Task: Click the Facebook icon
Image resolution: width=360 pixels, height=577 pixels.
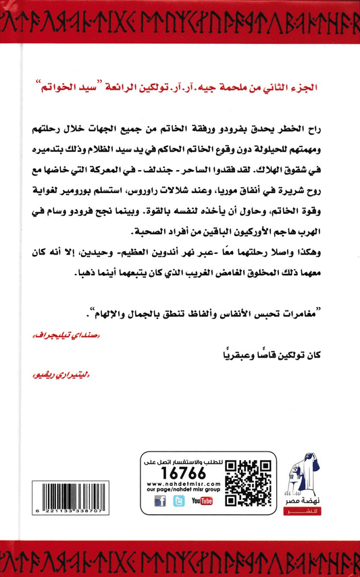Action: [x=160, y=501]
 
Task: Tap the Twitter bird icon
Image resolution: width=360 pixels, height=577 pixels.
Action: [x=179, y=501]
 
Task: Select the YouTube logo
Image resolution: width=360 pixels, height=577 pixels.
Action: [x=202, y=501]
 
